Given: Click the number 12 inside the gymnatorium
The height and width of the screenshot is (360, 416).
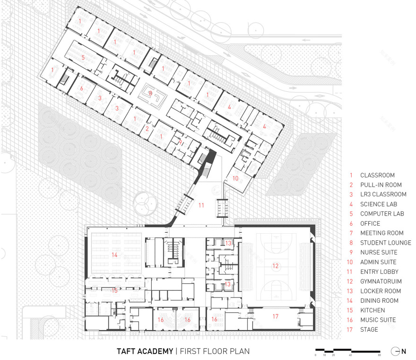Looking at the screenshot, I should coord(275,266).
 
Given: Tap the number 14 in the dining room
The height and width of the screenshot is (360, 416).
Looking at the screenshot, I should coord(114,255).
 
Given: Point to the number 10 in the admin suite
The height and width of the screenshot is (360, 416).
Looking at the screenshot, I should coord(235,178).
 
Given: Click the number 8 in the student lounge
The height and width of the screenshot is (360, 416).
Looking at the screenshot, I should coord(150,94).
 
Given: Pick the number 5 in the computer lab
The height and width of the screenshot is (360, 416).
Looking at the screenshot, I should coord(83,57).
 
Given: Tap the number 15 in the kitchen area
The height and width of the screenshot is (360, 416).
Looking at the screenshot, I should coord(114,290).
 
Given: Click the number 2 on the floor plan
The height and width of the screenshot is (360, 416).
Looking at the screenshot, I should coord(147,128).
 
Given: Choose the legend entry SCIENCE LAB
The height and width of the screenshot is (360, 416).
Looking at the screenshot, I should coord(379,204).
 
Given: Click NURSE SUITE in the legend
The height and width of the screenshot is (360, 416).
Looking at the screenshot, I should coord(379,253).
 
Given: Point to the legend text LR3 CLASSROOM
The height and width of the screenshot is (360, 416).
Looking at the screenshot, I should coord(383,194).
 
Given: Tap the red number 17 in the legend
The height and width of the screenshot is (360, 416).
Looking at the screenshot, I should coord(351,330).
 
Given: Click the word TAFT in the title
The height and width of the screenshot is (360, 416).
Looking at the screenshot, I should coord(128,351).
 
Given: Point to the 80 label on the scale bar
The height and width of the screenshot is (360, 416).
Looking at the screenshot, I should coord(380,355).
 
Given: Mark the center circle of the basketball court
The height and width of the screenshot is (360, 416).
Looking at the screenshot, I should coord(275,266).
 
